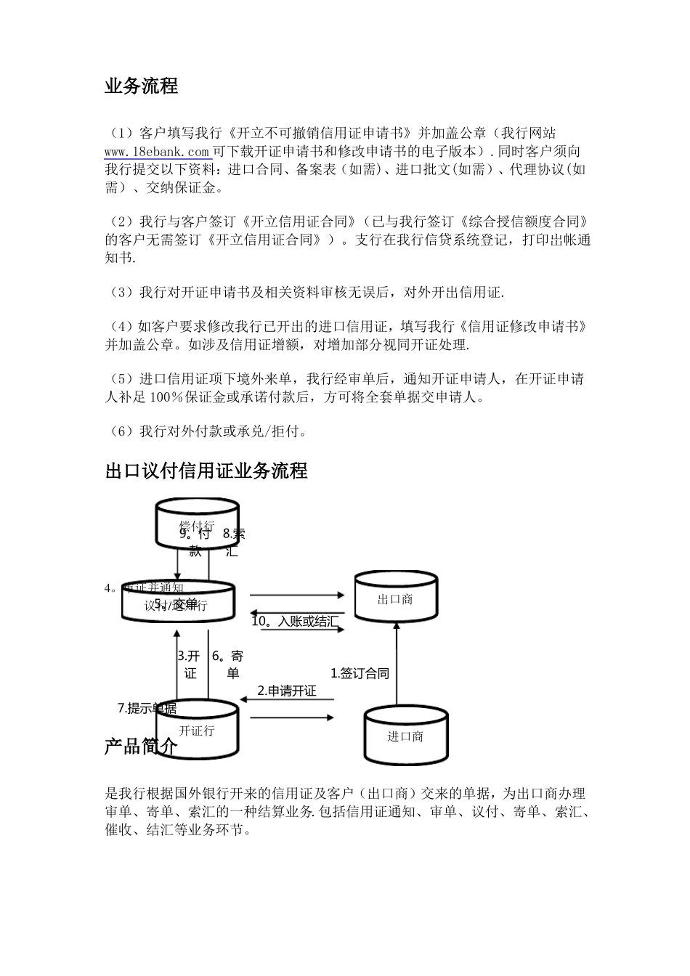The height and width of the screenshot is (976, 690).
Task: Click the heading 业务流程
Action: tap(141, 86)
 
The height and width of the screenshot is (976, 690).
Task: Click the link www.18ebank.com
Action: tap(158, 151)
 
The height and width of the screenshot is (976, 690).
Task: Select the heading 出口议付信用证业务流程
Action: tap(206, 471)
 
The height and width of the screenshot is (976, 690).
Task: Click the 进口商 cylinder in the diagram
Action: tap(405, 736)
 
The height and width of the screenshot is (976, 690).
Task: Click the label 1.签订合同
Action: tap(360, 673)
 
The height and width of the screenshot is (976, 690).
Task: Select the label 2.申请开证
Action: tap(287, 691)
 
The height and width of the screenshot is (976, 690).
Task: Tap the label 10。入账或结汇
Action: tap(295, 621)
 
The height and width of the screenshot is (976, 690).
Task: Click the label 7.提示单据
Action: tap(147, 708)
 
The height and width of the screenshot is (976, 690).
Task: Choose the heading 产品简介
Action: tap(141, 747)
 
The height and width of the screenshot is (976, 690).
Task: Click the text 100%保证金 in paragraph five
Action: tap(184, 397)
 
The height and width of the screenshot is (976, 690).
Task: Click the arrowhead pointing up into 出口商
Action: tap(396, 625)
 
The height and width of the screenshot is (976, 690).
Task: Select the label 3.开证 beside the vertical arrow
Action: tap(189, 664)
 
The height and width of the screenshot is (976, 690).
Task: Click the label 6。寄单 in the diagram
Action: tap(228, 664)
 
